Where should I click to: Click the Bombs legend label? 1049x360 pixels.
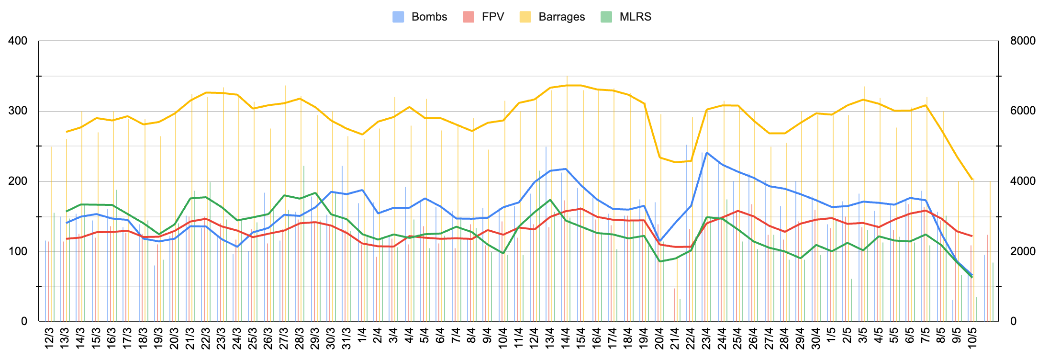[429, 17]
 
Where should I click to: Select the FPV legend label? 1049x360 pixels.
[492, 17]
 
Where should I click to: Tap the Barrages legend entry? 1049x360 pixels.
[561, 17]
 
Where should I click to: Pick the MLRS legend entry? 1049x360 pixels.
[635, 17]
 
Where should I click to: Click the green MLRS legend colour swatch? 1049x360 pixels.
[607, 17]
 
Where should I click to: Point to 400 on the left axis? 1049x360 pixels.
[18, 41]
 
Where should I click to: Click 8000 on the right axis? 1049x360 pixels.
[1023, 41]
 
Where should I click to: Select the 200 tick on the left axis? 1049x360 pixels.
[18, 181]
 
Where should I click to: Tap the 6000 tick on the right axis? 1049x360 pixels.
[1023, 111]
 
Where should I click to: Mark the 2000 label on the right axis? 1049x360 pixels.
[1023, 251]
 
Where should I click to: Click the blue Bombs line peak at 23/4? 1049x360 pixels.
[707, 153]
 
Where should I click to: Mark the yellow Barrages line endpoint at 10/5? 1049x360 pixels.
[972, 180]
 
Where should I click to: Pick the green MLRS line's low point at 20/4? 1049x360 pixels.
[660, 261]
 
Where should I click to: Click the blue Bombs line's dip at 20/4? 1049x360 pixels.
[660, 241]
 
